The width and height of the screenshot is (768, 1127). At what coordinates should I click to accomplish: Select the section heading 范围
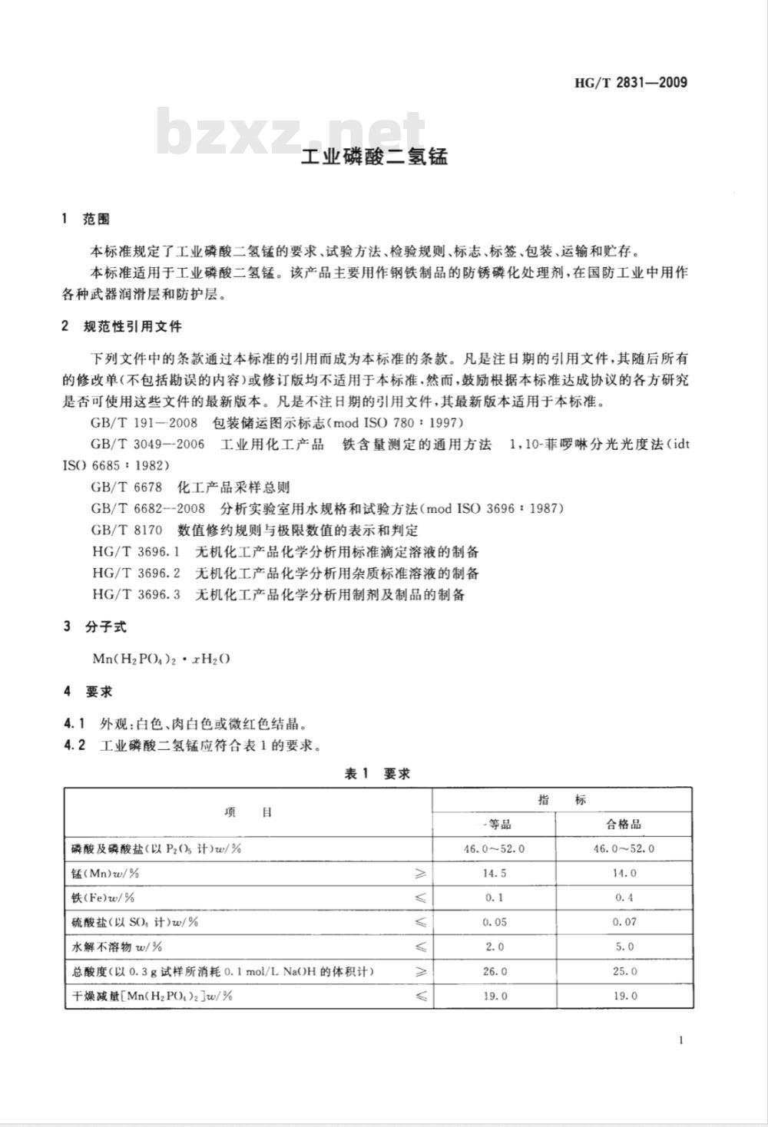(x=96, y=220)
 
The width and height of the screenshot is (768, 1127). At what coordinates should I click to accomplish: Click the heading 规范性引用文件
(x=132, y=326)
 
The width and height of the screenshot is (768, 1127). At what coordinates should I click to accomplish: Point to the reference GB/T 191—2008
(x=144, y=423)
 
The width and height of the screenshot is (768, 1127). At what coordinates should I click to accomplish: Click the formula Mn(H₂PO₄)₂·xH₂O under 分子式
(x=161, y=659)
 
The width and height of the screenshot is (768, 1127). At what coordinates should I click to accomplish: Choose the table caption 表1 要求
(x=377, y=774)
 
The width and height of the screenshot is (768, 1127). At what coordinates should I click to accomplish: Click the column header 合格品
(x=624, y=825)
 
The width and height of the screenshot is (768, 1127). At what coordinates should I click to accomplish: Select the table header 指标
(x=562, y=800)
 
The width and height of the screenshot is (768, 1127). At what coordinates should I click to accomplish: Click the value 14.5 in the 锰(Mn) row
(x=495, y=874)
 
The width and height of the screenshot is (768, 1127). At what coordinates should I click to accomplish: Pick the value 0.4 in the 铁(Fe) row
(x=624, y=897)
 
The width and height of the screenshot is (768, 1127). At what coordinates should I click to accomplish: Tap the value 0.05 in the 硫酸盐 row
(x=495, y=922)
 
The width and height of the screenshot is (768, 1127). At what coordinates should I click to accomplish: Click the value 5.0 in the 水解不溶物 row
(x=624, y=947)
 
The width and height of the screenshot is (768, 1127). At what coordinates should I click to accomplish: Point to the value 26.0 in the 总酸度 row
(x=495, y=971)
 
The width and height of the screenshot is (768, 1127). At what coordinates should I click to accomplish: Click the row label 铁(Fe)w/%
(x=102, y=897)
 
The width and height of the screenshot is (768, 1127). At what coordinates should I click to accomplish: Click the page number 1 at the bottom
(x=681, y=1040)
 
